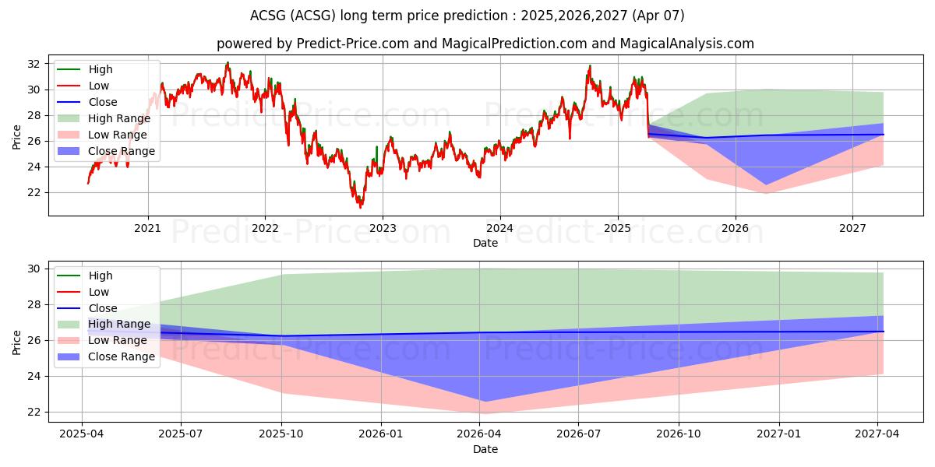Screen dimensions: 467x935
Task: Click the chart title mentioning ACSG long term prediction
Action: [x=467, y=16]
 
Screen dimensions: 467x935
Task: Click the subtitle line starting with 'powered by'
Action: [x=485, y=44]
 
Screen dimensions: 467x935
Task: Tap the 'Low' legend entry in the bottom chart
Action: [x=100, y=292]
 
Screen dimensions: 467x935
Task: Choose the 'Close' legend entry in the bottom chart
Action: [x=102, y=308]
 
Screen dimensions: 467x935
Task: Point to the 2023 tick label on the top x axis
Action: [x=383, y=228]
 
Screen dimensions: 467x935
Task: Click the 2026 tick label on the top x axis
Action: [x=735, y=228]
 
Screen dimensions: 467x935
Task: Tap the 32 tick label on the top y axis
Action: [x=34, y=64]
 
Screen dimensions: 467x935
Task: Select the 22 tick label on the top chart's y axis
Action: [x=34, y=192]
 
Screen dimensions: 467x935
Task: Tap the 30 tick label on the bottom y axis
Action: [x=34, y=269]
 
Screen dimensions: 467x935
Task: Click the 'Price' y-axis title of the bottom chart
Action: [x=17, y=340]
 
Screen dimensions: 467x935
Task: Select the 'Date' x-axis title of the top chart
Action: [x=485, y=243]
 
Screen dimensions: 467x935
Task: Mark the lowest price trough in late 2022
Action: [x=360, y=208]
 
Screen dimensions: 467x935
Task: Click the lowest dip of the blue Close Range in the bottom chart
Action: [x=484, y=402]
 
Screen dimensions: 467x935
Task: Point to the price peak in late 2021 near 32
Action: [x=228, y=62]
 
